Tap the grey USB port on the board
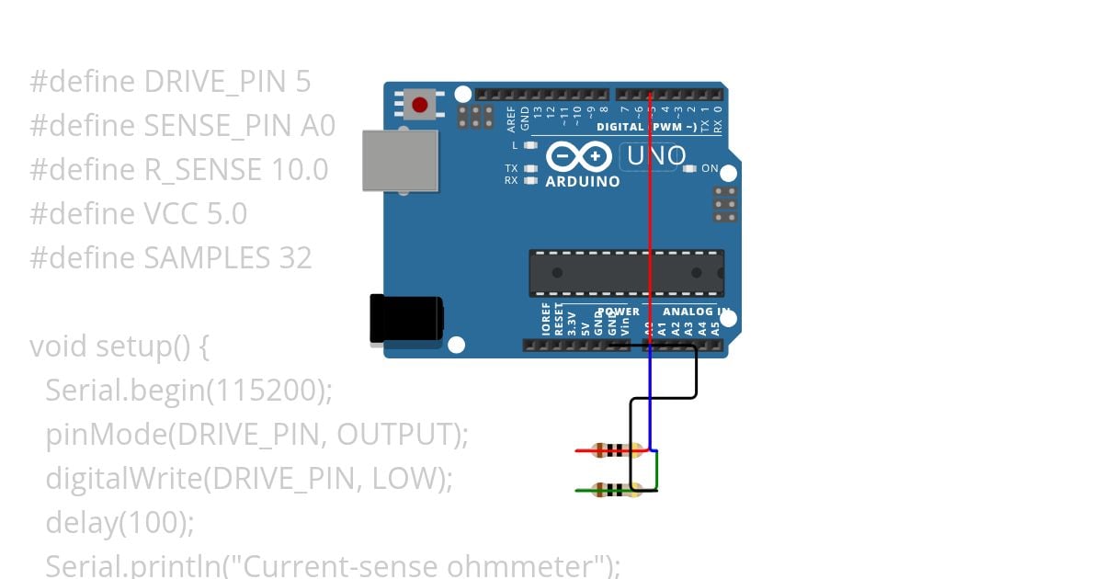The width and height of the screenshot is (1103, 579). (399, 160)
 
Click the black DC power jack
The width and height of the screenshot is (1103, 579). (405, 319)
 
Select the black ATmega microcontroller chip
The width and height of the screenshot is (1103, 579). (626, 273)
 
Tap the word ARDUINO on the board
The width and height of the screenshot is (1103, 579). (582, 182)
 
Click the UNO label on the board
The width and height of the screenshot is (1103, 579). (654, 156)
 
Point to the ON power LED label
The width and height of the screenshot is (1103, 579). (710, 169)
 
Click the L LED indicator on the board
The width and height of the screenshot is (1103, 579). (529, 145)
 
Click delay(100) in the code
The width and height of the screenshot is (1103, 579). (119, 523)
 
